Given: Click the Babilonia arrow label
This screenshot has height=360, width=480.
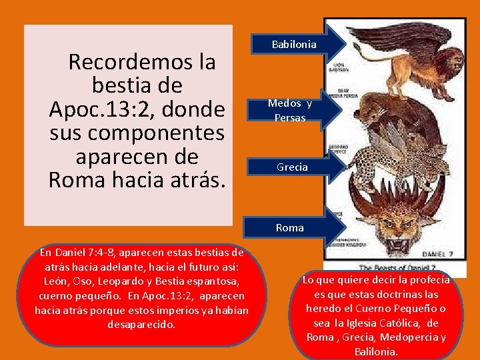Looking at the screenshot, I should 293,45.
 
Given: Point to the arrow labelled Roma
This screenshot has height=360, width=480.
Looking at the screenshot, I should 289,227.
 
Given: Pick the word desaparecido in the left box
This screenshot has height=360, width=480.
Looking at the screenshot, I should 141,325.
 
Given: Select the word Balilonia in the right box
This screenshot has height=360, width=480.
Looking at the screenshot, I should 377,351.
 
